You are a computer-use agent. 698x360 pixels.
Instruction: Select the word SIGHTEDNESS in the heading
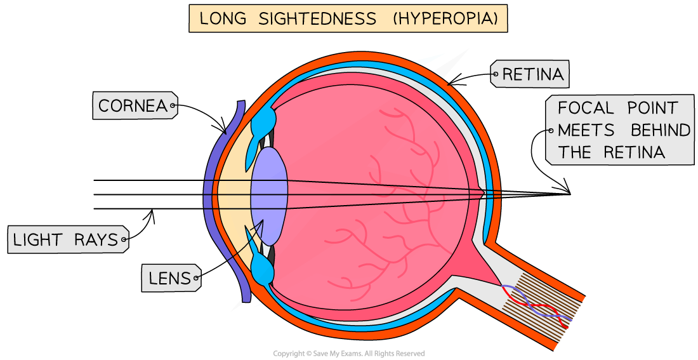[x=317, y=18]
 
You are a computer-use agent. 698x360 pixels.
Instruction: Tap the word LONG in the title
[x=222, y=18]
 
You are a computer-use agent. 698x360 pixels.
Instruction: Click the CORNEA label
[x=131, y=106]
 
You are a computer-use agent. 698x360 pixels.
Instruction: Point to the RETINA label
[x=532, y=75]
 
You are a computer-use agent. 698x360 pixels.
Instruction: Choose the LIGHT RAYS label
[x=65, y=240]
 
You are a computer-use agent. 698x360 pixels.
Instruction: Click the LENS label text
[x=169, y=278]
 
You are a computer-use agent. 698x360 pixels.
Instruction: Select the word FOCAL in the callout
[x=585, y=107]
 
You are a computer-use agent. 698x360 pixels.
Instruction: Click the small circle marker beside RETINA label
[x=495, y=74]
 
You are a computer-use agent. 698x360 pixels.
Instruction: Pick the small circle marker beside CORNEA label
[x=173, y=106]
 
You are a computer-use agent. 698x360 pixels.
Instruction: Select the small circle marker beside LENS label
[x=197, y=278]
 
